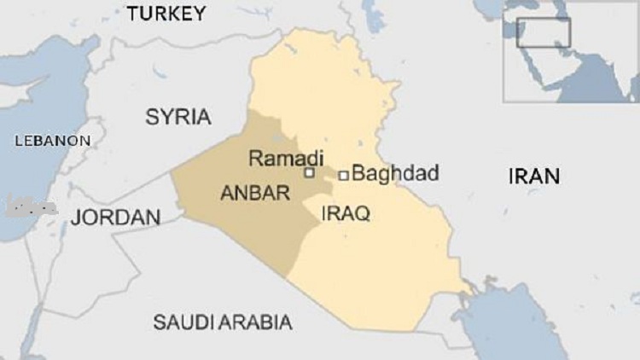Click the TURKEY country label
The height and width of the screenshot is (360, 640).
(x=166, y=13)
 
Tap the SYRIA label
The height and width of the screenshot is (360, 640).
(x=177, y=117)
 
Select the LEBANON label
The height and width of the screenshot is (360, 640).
(x=52, y=140)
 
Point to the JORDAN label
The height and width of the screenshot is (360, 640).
(x=115, y=218)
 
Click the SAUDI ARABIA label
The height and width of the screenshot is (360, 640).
(x=222, y=322)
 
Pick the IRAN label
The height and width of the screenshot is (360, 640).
(x=534, y=177)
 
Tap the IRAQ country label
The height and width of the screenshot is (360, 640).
(x=346, y=214)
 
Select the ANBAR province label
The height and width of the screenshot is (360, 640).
(x=255, y=194)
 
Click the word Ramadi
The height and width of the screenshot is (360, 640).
(x=286, y=159)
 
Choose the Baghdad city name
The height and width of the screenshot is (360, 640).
(x=395, y=174)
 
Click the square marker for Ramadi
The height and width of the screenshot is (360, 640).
(x=310, y=173)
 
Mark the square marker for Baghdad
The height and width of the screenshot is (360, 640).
(x=343, y=175)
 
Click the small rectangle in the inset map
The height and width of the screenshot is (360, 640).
(x=544, y=32)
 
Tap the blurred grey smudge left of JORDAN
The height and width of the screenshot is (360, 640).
(x=31, y=206)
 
